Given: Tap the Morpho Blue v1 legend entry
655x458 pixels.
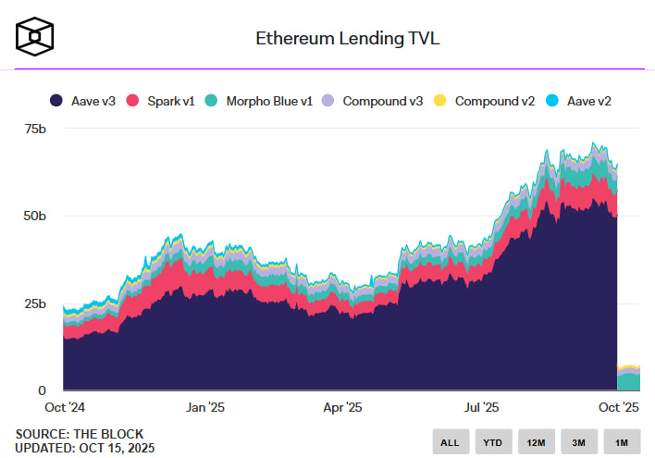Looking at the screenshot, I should coord(259,100).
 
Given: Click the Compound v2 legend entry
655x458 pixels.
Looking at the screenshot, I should coord(487,100).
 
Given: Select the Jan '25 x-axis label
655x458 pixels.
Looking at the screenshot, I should coord(204,406).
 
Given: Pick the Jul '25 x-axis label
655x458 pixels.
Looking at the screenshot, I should coord(482,406).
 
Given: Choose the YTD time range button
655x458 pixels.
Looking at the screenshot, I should coord(493,442).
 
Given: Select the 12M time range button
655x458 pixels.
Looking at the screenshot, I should coord(537,442).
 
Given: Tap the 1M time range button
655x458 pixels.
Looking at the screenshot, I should coord(622,442).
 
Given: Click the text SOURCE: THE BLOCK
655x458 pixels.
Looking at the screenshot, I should coord(79,434).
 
